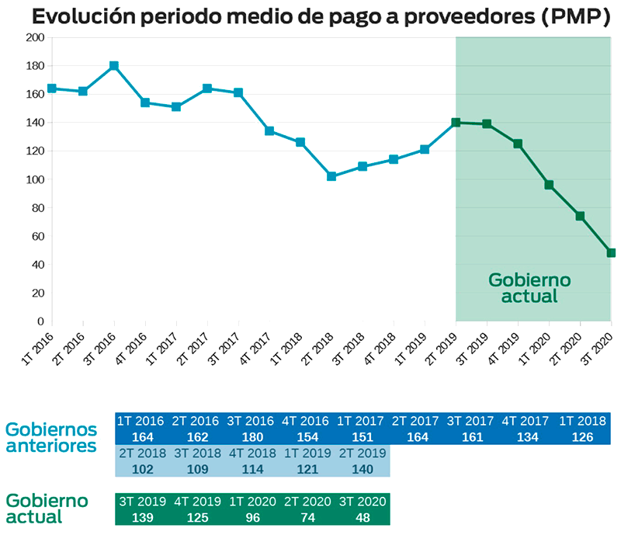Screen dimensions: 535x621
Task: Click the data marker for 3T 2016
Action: point(114,66)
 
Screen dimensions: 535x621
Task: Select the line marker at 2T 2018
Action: point(331,176)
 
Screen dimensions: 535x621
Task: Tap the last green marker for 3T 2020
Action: point(611,252)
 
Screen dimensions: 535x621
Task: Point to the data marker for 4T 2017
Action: point(269,131)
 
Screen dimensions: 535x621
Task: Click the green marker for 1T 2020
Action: point(549,185)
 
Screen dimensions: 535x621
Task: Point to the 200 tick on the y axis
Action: point(33,37)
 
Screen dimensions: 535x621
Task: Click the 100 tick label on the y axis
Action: point(33,179)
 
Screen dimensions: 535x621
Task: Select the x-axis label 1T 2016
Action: point(37,340)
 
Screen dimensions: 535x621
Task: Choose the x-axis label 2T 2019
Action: point(441,340)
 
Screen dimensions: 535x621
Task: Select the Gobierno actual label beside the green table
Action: point(47,508)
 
